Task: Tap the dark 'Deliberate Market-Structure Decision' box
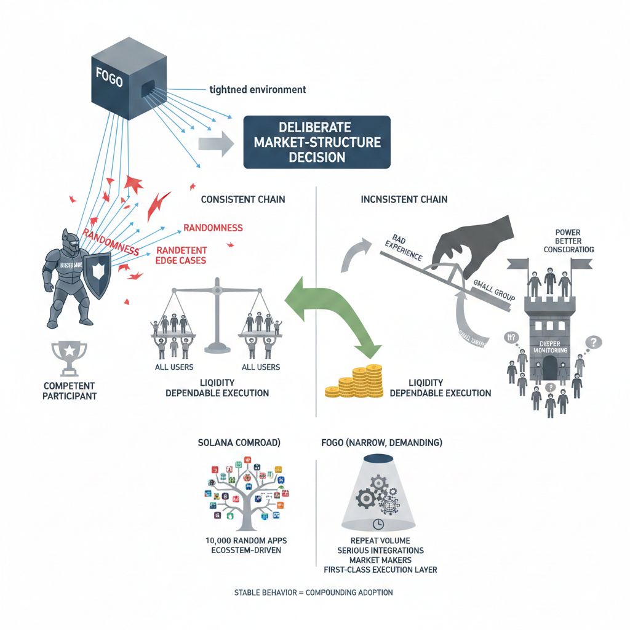tap(317, 142)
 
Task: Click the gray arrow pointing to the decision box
tap(216, 145)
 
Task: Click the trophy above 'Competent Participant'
tap(69, 358)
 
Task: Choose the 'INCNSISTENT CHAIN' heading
tap(404, 200)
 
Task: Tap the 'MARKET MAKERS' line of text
tap(381, 559)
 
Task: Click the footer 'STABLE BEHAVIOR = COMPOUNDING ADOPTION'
tap(314, 592)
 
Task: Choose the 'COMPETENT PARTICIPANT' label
tap(70, 391)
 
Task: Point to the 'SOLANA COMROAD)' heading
tap(239, 443)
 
